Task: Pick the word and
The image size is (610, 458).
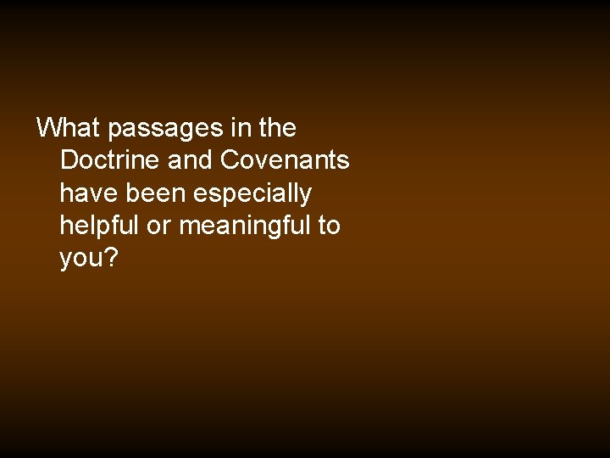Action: tap(191, 160)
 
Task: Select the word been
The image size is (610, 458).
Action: tap(157, 193)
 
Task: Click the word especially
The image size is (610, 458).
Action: tap(252, 194)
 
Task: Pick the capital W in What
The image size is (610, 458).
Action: tap(49, 128)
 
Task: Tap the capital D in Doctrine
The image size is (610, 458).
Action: tap(69, 160)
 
